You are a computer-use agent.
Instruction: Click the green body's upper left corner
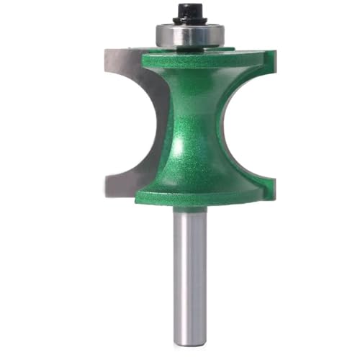(142, 58)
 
